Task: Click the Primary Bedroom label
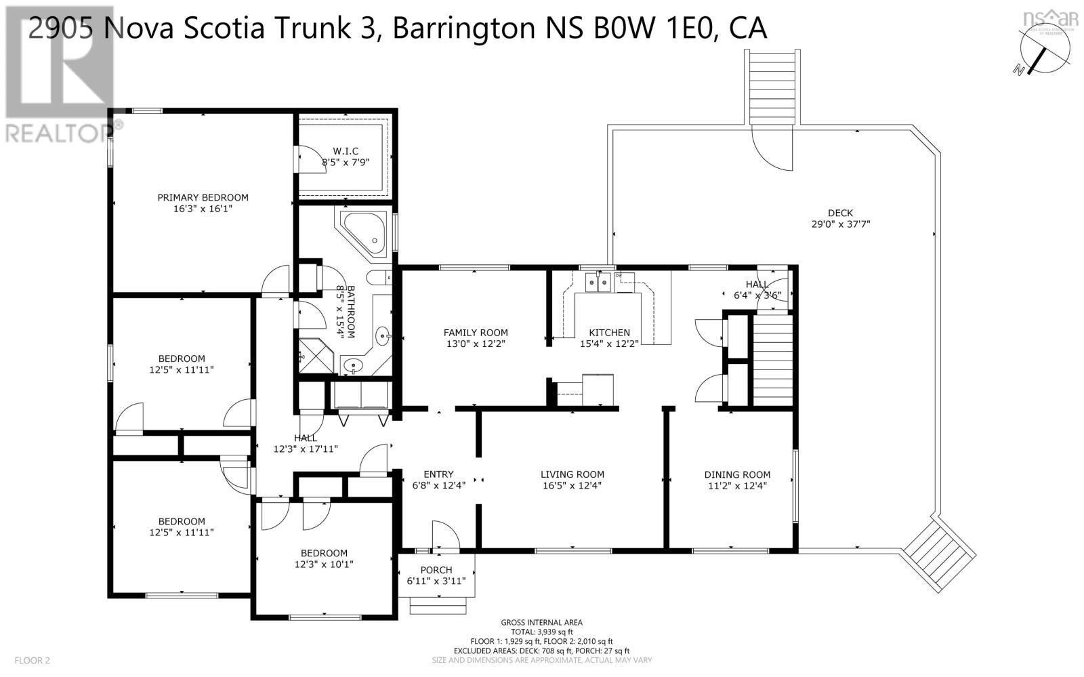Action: pyautogui.click(x=203, y=197)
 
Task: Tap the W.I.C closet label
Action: pyautogui.click(x=345, y=150)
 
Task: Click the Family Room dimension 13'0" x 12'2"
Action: pyautogui.click(x=475, y=344)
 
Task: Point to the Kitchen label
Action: pyautogui.click(x=609, y=333)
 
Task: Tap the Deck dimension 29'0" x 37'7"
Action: pyautogui.click(x=840, y=224)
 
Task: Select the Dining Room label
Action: pyautogui.click(x=737, y=474)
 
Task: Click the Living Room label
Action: pyautogui.click(x=572, y=474)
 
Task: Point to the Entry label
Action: pyautogui.click(x=438, y=474)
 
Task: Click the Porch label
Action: pyautogui.click(x=436, y=570)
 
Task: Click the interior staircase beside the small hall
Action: pyautogui.click(x=772, y=363)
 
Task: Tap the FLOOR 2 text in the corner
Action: pyautogui.click(x=32, y=660)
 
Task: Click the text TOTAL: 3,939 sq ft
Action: pyautogui.click(x=541, y=632)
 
